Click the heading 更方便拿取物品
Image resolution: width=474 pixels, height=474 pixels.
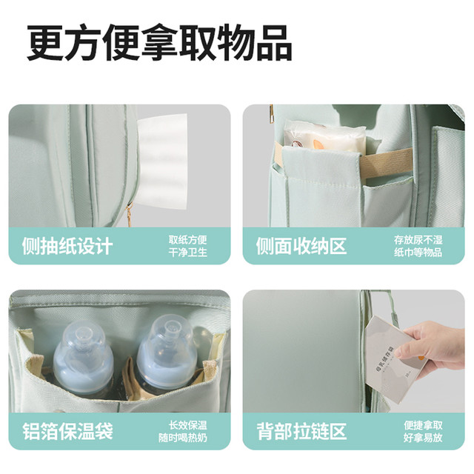pyautogui.click(x=160, y=42)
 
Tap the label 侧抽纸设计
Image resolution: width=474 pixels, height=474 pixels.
pyautogui.click(x=67, y=246)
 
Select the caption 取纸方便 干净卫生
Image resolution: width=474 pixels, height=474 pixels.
pyautogui.click(x=187, y=246)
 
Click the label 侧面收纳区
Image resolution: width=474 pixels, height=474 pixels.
pyautogui.click(x=301, y=246)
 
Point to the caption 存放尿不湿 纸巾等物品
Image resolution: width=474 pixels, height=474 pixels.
pyautogui.click(x=418, y=246)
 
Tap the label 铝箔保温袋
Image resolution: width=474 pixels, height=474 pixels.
pyautogui.click(x=67, y=431)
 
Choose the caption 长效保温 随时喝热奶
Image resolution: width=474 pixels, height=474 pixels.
pyautogui.click(x=183, y=431)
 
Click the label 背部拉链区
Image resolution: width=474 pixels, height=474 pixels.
pyautogui.click(x=301, y=431)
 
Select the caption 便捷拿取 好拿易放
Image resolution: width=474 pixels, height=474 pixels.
pyautogui.click(x=423, y=431)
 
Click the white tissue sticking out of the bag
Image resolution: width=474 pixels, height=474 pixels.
pyautogui.click(x=161, y=161)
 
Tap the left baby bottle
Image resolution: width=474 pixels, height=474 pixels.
pyautogui.click(x=83, y=360)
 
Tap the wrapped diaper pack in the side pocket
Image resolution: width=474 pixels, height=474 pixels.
pyautogui.click(x=325, y=136)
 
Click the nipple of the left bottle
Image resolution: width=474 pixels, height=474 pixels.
pyautogui.click(x=81, y=334)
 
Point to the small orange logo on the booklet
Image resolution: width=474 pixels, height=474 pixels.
pyautogui.click(x=421, y=358)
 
